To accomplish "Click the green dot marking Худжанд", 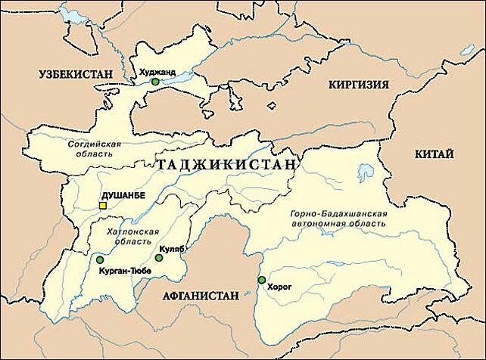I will click(x=155, y=82).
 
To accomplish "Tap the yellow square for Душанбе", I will click(x=103, y=205).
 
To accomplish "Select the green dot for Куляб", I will click(x=159, y=258).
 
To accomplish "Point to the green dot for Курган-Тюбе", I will click(x=99, y=260).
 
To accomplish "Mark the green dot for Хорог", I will click(x=261, y=280).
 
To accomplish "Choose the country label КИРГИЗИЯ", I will click(x=357, y=85).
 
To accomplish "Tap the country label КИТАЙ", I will click(x=435, y=154).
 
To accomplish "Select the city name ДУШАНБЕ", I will click(x=122, y=195).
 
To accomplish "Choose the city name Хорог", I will click(x=280, y=287).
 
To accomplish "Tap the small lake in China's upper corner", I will click(x=467, y=51).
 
